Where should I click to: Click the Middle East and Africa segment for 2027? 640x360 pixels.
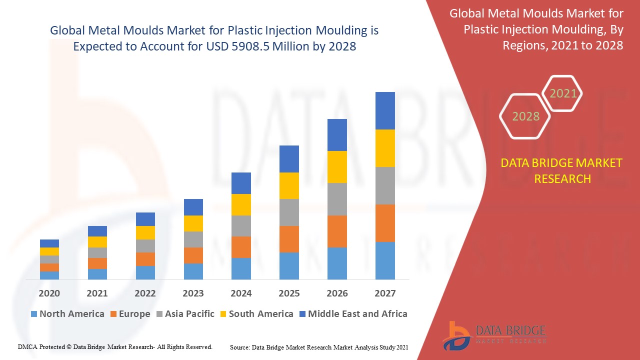[385, 110]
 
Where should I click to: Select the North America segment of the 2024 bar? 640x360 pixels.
[241, 268]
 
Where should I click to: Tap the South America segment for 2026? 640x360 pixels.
[337, 166]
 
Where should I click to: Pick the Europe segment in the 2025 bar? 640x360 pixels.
[289, 239]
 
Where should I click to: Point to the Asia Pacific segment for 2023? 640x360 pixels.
[193, 239]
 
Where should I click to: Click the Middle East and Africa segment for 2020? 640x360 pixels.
[49, 243]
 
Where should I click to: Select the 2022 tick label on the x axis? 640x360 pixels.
[145, 293]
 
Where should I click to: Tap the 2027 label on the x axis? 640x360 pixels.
[385, 293]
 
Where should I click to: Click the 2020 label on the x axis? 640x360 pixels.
[49, 293]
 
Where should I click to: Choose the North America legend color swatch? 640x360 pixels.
[34, 314]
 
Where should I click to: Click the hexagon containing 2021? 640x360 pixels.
[562, 93]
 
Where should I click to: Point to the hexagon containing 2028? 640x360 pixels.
[525, 116]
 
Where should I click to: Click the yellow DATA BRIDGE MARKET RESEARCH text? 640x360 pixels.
[562, 170]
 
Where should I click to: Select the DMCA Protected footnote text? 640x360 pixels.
[115, 346]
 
